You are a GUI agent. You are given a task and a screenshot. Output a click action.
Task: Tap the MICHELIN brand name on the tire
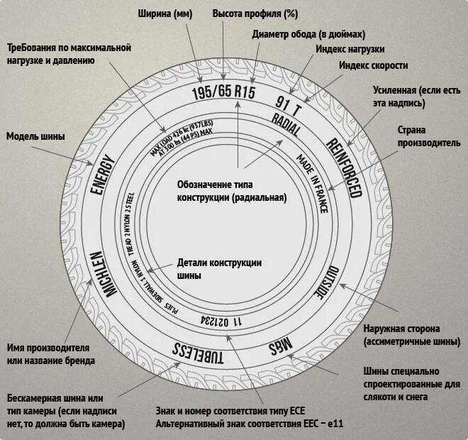(x=99, y=277)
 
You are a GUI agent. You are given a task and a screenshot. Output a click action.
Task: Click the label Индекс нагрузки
(x=350, y=49)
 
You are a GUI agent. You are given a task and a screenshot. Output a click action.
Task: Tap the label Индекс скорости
(x=373, y=65)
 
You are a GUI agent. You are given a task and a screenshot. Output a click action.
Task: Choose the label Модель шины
(x=35, y=136)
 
